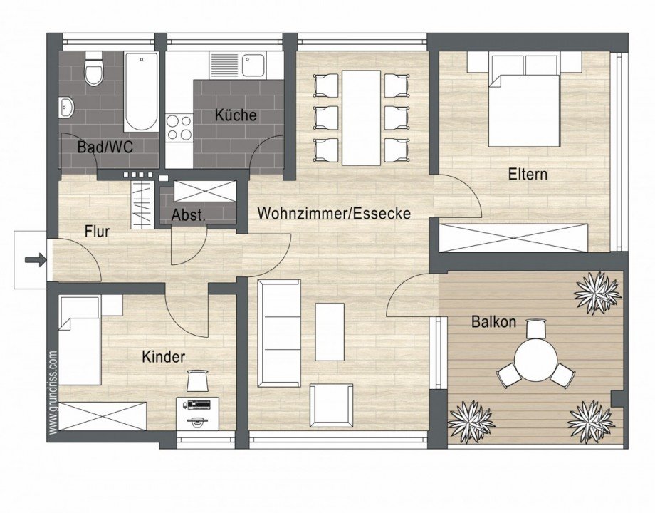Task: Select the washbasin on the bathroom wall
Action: [x=67, y=107]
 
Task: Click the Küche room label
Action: [x=236, y=115]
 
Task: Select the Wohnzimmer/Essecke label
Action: [x=334, y=213]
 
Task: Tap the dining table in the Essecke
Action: [x=361, y=118]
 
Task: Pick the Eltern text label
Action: [x=528, y=173]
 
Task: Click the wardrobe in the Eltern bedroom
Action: [x=513, y=237]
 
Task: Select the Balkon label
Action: [x=491, y=321]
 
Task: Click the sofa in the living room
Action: [x=279, y=333]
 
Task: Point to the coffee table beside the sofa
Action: [x=330, y=331]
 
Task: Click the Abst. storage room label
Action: [x=189, y=215]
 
